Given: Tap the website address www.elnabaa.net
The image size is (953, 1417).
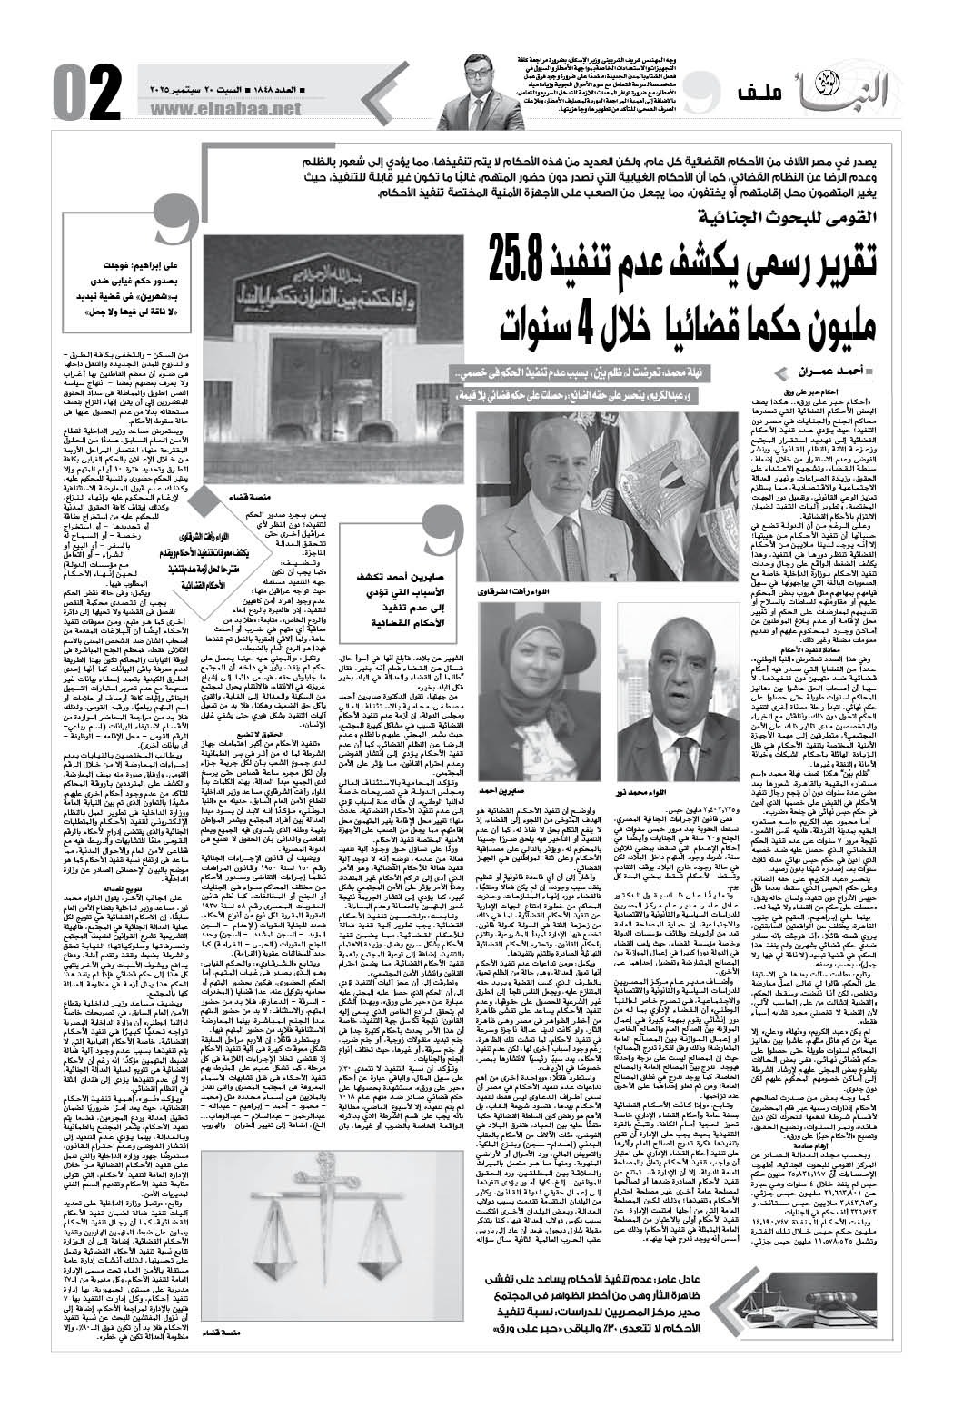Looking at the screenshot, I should [x=234, y=108].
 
